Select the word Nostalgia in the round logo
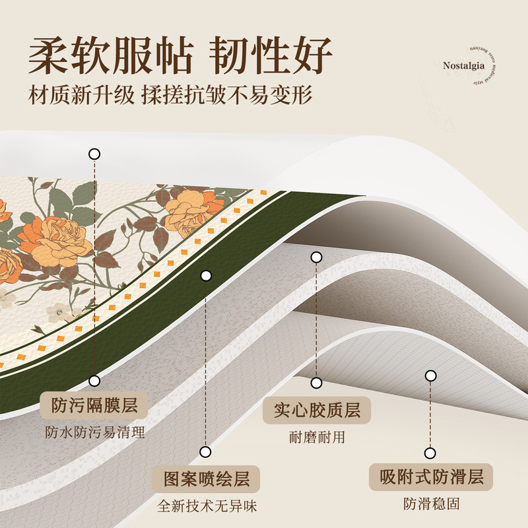[464, 66]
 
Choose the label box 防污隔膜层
[94, 405]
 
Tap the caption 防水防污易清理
[94, 433]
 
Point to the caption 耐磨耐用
[317, 438]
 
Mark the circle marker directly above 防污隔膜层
[94, 381]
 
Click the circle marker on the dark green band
[207, 276]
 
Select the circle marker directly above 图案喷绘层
[206, 452]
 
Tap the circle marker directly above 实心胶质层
[317, 383]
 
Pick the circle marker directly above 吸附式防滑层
[431, 453]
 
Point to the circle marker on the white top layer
[94, 154]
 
